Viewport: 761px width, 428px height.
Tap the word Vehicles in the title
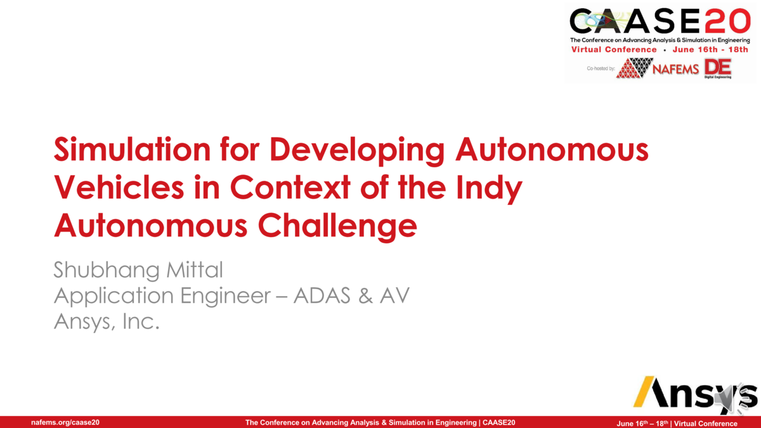click(x=131, y=188)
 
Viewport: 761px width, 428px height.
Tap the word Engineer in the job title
click(x=227, y=296)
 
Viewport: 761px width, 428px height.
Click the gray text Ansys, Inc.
click(x=106, y=321)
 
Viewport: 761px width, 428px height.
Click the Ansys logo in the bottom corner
click(x=695, y=394)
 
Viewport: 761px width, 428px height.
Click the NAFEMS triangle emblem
click(x=634, y=68)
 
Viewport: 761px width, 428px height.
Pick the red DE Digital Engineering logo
click(x=717, y=68)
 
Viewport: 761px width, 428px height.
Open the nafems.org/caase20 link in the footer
click(x=65, y=422)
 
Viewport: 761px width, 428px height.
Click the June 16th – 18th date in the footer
click(x=642, y=423)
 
